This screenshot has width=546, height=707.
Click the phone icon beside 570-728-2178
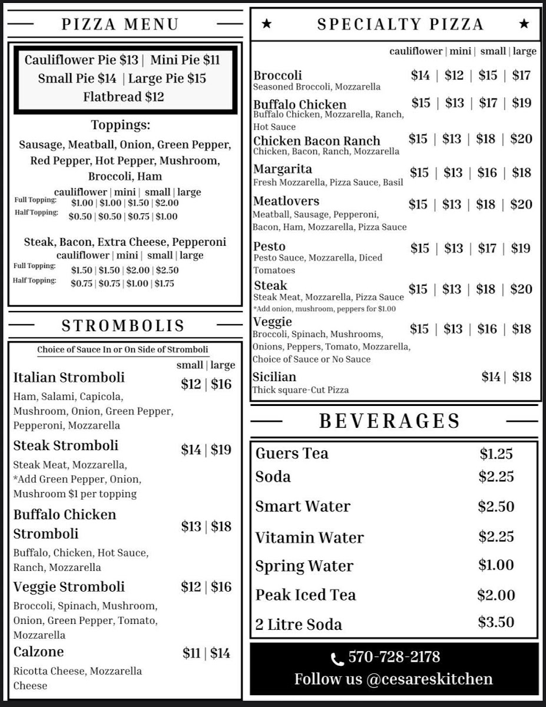pyautogui.click(x=337, y=659)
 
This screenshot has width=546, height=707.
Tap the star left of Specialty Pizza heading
pyautogui.click(x=267, y=24)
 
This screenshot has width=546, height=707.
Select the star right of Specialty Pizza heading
pyautogui.click(x=524, y=24)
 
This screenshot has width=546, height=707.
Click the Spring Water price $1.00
pyautogui.click(x=496, y=565)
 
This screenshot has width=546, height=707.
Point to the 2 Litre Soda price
pyautogui.click(x=497, y=622)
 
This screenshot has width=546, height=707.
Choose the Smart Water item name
pyautogui.click(x=303, y=507)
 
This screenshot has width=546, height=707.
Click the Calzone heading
pyautogui.click(x=39, y=652)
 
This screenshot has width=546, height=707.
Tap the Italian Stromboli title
pyautogui.click(x=69, y=378)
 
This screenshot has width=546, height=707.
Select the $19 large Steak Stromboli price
pyautogui.click(x=221, y=450)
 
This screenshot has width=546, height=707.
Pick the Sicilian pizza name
pyautogui.click(x=274, y=377)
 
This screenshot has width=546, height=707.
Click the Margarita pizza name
pyautogui.click(x=283, y=170)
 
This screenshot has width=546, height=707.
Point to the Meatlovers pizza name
pyautogui.click(x=286, y=201)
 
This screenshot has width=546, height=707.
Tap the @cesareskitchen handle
pyautogui.click(x=429, y=679)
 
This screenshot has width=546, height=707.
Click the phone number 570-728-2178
pyautogui.click(x=394, y=658)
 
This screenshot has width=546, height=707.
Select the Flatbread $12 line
pyautogui.click(x=124, y=97)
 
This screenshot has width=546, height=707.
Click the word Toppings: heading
pyautogui.click(x=121, y=125)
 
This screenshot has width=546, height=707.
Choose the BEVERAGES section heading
pyautogui.click(x=389, y=421)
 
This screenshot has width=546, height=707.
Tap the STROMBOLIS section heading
pyautogui.click(x=123, y=326)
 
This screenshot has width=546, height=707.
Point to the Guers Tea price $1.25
pyautogui.click(x=496, y=454)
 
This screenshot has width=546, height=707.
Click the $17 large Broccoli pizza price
pyautogui.click(x=521, y=75)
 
